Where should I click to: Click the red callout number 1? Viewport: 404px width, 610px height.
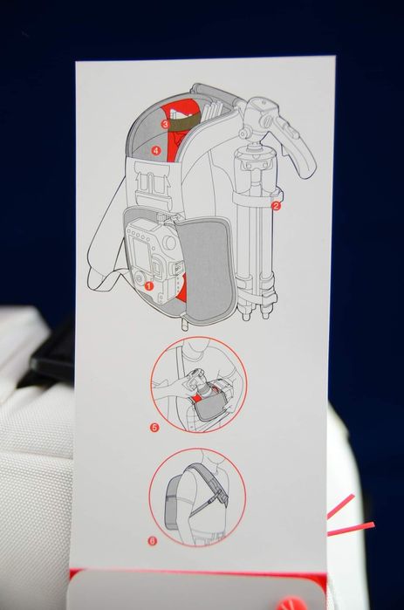tap(149, 286)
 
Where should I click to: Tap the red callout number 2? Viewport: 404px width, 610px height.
tap(276, 206)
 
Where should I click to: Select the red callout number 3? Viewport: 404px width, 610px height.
tap(165, 124)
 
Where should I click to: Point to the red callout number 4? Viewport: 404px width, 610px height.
tap(156, 150)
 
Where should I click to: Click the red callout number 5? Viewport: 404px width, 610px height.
tap(154, 428)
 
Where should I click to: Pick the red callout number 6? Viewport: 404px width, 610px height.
tap(153, 541)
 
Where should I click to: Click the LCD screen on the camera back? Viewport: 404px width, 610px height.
tap(140, 253)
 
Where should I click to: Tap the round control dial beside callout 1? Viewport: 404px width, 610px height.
tap(139, 278)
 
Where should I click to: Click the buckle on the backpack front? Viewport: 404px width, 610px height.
tap(152, 183)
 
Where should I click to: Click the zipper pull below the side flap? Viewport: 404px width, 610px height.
tap(184, 323)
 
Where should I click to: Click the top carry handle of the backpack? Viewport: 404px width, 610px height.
tap(215, 93)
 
